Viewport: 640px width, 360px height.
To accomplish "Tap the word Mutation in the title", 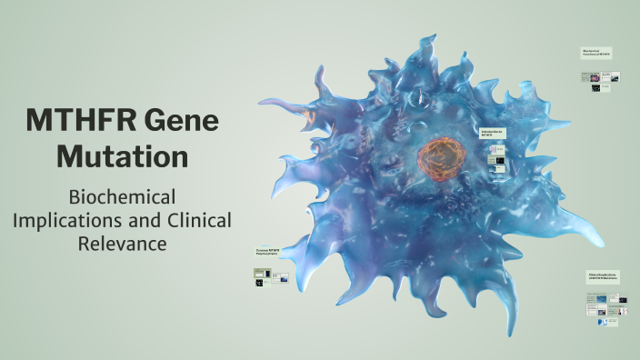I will tap(122, 155).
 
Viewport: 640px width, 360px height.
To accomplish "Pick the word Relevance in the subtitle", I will tap(122, 244).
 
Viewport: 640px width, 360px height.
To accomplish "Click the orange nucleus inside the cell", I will tap(442, 155).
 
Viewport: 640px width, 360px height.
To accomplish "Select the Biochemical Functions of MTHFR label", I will tap(597, 53).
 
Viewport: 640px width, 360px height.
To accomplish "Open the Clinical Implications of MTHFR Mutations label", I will tap(603, 276).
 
